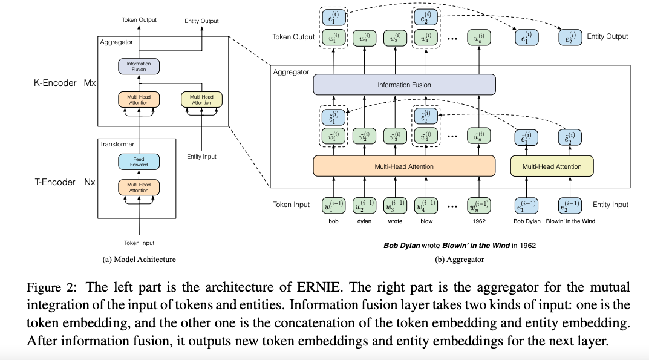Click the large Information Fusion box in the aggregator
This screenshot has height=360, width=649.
(x=404, y=85)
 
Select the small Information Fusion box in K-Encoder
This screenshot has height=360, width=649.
(x=139, y=66)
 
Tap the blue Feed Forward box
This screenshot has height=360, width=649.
(x=139, y=162)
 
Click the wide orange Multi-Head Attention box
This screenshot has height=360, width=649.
(x=404, y=166)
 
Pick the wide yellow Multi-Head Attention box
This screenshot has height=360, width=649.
(x=552, y=166)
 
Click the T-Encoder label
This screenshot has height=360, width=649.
(x=56, y=182)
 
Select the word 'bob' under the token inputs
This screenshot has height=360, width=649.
(x=333, y=221)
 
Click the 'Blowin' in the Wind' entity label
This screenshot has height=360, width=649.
(x=570, y=221)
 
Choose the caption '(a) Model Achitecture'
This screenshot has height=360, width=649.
(x=139, y=260)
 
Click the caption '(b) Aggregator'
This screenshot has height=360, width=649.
(x=460, y=260)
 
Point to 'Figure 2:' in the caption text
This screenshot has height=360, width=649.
(x=50, y=287)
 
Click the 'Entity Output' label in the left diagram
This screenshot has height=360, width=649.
(x=201, y=21)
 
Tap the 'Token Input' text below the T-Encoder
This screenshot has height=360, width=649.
(x=139, y=243)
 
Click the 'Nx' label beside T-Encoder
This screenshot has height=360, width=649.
(x=89, y=182)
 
